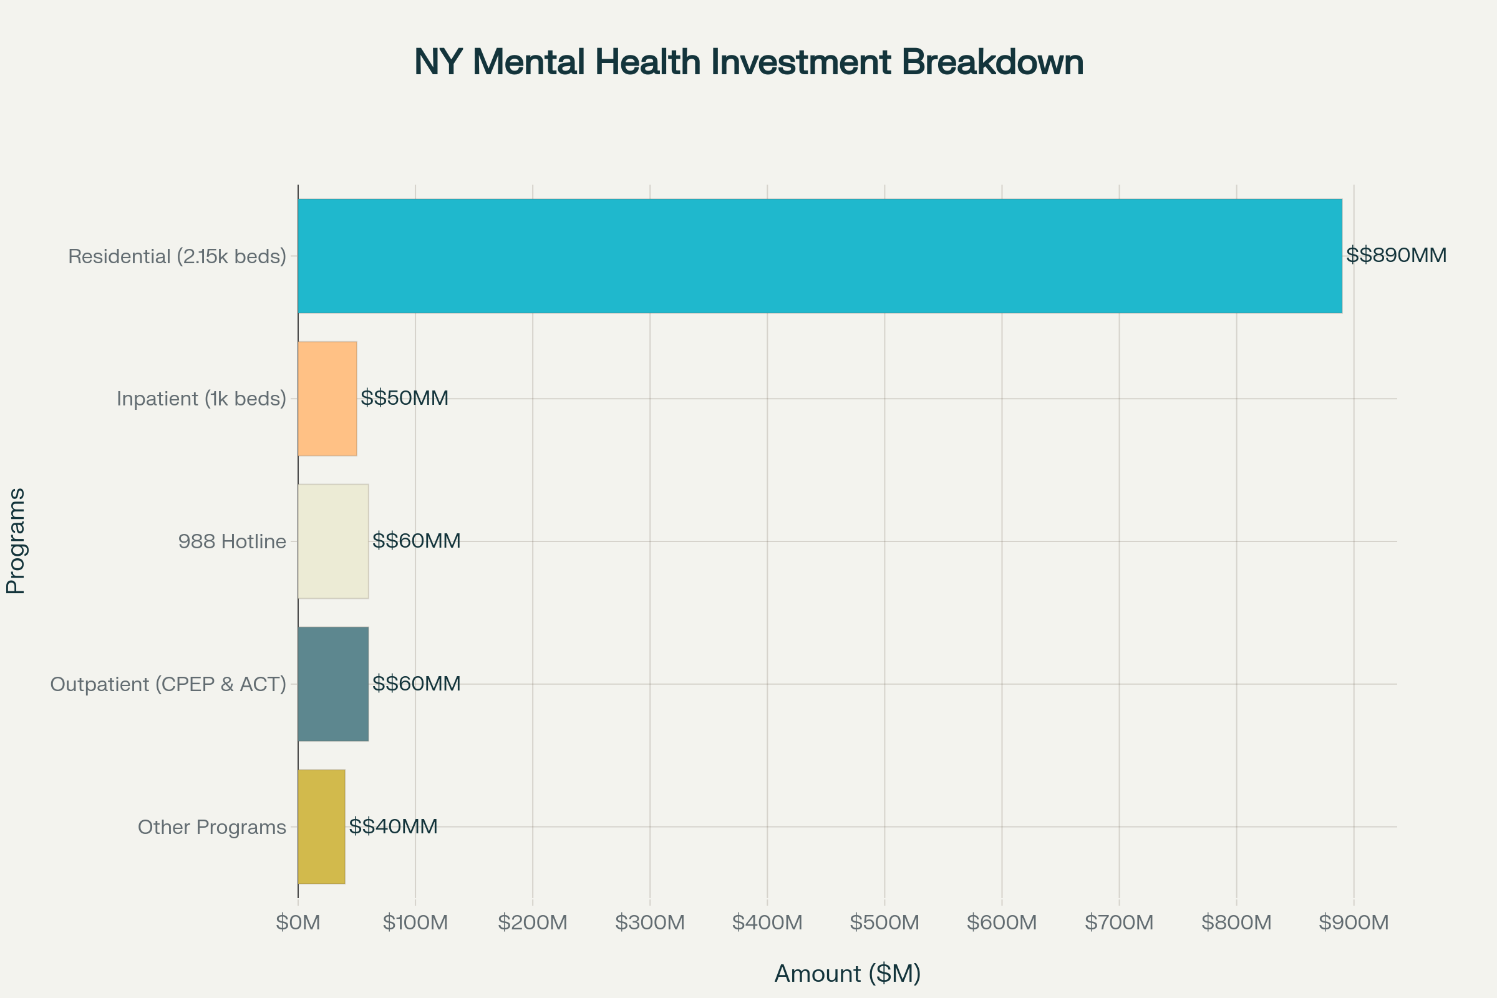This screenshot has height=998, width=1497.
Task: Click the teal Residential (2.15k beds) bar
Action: click(x=820, y=256)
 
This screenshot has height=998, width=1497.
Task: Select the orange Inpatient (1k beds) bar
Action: click(x=327, y=399)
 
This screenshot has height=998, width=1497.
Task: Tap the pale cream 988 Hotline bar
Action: click(x=333, y=541)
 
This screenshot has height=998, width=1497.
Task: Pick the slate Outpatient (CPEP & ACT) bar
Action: click(x=333, y=684)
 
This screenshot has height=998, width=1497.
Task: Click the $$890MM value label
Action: click(x=1397, y=255)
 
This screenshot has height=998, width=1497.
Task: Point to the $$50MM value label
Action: click(x=405, y=398)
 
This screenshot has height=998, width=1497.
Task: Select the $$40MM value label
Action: click(x=394, y=826)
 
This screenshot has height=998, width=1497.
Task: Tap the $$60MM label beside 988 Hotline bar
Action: click(x=416, y=540)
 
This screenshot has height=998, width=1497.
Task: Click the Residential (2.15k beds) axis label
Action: click(x=177, y=256)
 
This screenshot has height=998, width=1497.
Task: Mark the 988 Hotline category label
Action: click(x=232, y=541)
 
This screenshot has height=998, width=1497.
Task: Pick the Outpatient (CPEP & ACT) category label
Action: click(x=168, y=684)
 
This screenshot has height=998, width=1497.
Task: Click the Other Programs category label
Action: click(x=212, y=827)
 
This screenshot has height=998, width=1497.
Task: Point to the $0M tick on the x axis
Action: click(x=298, y=923)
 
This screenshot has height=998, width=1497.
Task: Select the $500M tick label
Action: click(x=884, y=923)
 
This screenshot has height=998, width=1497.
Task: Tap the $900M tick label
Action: click(x=1354, y=923)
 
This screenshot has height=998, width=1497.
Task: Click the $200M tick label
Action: click(x=533, y=923)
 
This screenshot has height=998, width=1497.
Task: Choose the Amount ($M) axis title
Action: click(x=848, y=974)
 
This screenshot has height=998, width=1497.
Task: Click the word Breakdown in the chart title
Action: click(x=992, y=62)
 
